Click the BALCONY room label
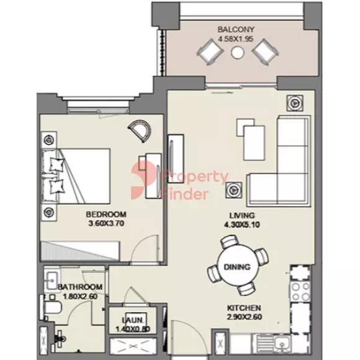tap(236, 29)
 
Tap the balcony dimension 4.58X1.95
tap(236, 39)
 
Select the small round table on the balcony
tap(238, 53)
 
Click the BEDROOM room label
tap(106, 214)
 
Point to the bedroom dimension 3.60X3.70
tap(106, 223)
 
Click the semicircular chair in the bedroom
tap(140, 131)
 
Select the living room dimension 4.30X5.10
tap(242, 225)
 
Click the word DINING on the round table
tap(237, 267)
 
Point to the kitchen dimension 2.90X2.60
tap(245, 317)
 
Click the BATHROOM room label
tap(80, 287)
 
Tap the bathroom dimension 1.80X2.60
tap(80, 297)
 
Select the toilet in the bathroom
tap(52, 308)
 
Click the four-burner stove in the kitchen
tap(300, 292)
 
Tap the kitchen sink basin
tap(282, 343)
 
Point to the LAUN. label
tap(133, 320)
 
